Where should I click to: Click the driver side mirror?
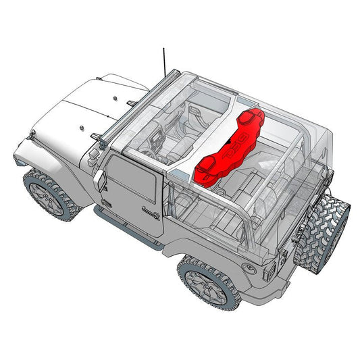tap(101, 181)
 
